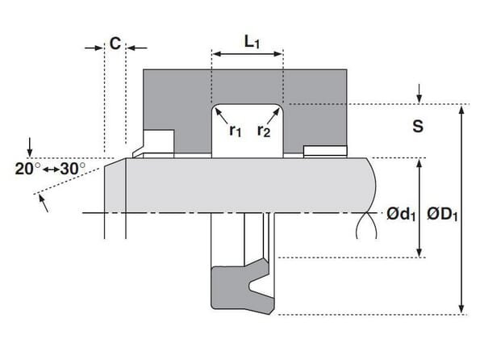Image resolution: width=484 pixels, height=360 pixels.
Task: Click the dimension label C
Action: click(x=115, y=43)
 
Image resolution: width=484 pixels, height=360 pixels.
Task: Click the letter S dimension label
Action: click(x=418, y=127)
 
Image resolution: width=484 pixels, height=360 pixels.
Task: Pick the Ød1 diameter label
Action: click(x=400, y=214)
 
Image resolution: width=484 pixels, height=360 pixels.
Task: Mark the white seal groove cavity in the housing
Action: click(x=246, y=129)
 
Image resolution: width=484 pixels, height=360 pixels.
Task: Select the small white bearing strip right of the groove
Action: click(x=324, y=150)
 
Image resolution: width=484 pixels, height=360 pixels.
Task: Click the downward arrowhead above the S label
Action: click(x=419, y=99)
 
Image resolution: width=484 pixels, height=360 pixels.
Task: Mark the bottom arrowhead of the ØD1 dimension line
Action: click(x=461, y=309)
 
